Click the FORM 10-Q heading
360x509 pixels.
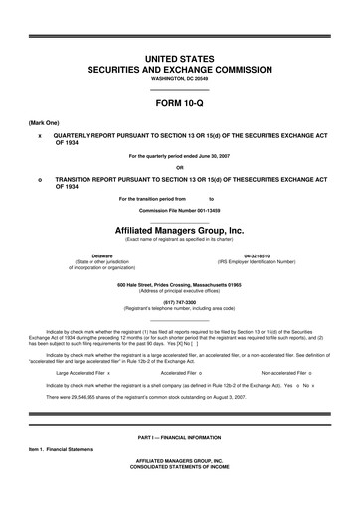click(180, 103)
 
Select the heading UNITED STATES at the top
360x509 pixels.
click(180, 61)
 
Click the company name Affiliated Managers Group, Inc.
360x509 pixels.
click(180, 228)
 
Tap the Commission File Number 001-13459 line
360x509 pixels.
click(180, 211)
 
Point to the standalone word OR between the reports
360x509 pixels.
click(180, 166)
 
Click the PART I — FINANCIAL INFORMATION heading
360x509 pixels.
click(180, 465)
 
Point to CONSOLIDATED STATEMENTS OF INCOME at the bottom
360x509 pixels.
click(180, 494)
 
